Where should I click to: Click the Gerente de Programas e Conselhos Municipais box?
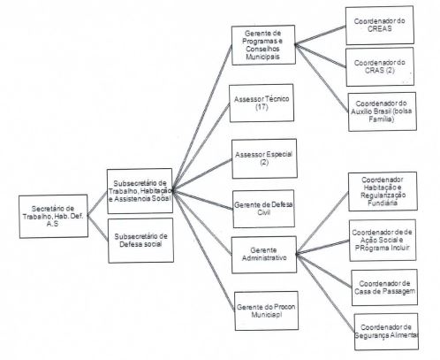click(x=262, y=45)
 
